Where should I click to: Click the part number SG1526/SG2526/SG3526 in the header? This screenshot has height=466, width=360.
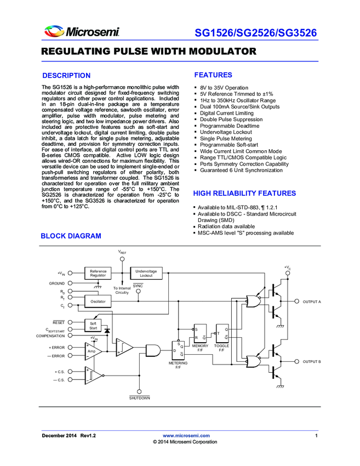[x=256, y=33]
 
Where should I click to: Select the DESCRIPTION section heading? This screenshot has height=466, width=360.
[x=66, y=76]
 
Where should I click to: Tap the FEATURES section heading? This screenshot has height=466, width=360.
[x=213, y=75]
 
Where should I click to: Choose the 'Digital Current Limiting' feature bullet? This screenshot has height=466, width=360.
[x=226, y=113]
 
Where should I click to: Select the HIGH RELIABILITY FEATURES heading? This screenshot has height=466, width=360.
[x=244, y=194]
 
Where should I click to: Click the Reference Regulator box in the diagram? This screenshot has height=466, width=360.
[x=98, y=273]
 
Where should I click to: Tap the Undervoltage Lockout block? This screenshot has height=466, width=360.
[x=146, y=273]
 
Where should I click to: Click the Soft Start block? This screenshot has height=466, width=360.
[x=93, y=326]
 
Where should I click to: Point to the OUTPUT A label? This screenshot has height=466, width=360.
[x=311, y=302]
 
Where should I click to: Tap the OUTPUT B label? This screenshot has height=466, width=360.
[x=311, y=362]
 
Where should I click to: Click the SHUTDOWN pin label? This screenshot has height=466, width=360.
[x=139, y=398]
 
